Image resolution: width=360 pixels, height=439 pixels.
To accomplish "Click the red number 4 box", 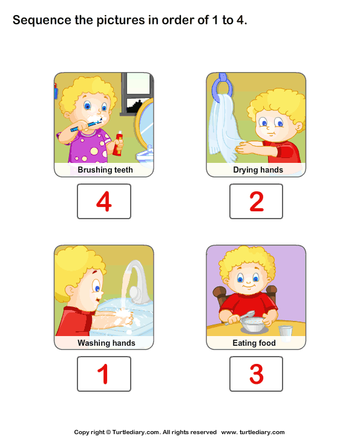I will [103, 201].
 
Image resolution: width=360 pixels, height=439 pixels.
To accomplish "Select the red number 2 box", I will [256, 201].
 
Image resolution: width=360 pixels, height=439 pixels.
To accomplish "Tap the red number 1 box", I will [103, 374].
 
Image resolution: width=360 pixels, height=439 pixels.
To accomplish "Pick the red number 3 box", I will [256, 374].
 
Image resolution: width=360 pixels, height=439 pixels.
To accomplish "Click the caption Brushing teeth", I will [105, 170].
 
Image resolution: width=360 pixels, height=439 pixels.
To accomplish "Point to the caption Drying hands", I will [258, 170].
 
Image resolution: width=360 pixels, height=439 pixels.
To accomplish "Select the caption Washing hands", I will [106, 343].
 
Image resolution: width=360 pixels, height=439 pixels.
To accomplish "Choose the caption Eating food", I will [254, 343].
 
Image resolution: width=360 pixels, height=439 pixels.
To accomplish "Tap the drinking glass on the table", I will [286, 332].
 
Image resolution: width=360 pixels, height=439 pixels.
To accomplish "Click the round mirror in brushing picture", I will [144, 127].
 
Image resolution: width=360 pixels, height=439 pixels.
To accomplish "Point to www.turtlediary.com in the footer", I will [253, 432].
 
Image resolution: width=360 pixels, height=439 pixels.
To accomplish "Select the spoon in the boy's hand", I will [245, 316].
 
